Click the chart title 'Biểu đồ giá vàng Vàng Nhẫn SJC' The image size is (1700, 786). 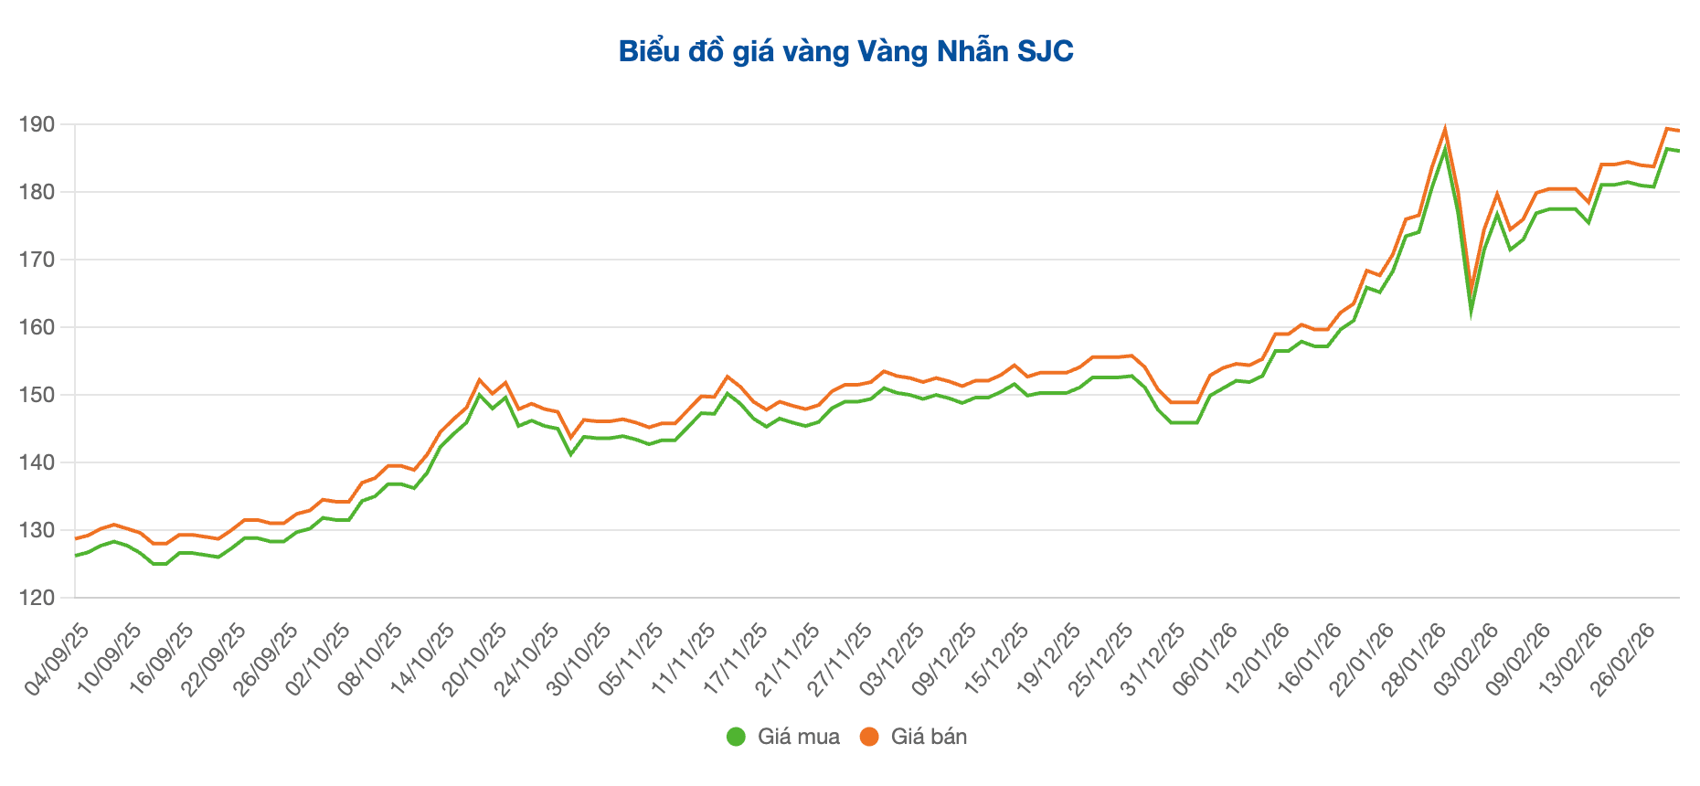846,51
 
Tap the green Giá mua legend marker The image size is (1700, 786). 736,737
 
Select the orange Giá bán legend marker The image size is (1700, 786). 869,737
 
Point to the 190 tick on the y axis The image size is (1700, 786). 38,124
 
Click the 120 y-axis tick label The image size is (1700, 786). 38,598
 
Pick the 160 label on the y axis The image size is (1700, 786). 38,327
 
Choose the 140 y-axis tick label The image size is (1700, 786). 38,462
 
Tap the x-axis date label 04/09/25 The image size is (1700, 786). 58,660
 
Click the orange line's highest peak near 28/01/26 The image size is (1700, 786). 1445,128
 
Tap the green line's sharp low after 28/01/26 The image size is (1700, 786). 1472,311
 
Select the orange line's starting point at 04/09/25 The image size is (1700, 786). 76,538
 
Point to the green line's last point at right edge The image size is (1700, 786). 1679,151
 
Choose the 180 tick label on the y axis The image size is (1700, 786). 38,192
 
